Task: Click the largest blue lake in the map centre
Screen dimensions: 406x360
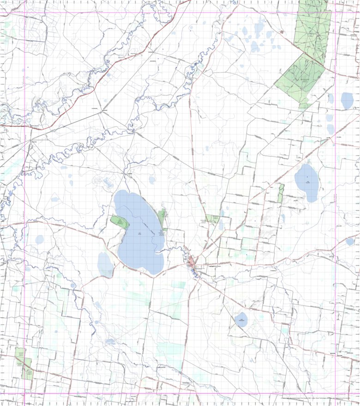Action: (x=138, y=231)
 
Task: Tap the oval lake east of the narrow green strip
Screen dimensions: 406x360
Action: (x=306, y=183)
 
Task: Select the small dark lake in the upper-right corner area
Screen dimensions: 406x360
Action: (x=347, y=100)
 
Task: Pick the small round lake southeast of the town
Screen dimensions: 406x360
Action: (x=241, y=319)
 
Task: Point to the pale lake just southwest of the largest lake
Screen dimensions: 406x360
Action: (x=105, y=265)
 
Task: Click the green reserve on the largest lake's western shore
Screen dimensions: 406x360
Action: (x=119, y=221)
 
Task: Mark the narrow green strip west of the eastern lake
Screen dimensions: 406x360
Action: (x=281, y=193)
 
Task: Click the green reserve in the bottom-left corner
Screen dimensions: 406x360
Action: (x=23, y=365)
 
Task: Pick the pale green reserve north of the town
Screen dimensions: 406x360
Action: (x=212, y=218)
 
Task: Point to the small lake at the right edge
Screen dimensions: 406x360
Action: (x=351, y=241)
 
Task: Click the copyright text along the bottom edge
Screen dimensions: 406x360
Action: (x=318, y=398)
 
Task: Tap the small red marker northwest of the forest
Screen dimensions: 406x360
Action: (x=282, y=31)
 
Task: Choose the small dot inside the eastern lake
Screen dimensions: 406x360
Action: (x=307, y=177)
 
